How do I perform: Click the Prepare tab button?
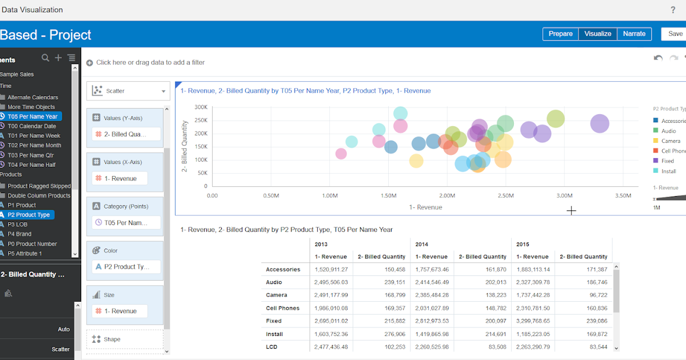coord(560,34)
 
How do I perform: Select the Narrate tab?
coord(634,34)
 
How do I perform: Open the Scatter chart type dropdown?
coord(128,91)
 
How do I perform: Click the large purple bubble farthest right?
coord(599,123)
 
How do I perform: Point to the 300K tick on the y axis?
coord(201,107)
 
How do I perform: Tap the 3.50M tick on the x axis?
coord(623,195)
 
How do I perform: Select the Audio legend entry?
coord(668,131)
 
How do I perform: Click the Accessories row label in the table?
coord(283,269)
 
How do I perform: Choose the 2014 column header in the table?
coord(422,244)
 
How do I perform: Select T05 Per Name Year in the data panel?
coord(33,117)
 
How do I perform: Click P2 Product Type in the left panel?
coord(29,215)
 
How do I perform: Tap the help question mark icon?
coord(673,10)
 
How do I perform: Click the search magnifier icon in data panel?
coord(46,58)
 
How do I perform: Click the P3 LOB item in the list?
coord(18,225)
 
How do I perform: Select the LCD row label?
coord(272,347)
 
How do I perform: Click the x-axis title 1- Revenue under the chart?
coord(426,207)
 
